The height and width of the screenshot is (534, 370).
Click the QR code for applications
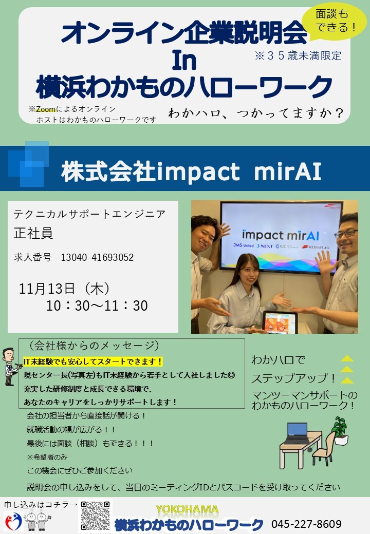pyautogui.click(x=96, y=516)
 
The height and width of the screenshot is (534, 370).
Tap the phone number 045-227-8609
pyautogui.click(x=306, y=524)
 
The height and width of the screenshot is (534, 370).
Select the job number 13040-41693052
pyautogui.click(x=97, y=257)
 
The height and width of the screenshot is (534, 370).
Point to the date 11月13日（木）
pyautogui.click(x=64, y=289)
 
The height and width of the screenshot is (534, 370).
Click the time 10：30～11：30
pyautogui.click(x=97, y=306)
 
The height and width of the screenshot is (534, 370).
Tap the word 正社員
pyautogui.click(x=33, y=233)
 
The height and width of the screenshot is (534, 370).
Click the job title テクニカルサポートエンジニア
pyautogui.click(x=89, y=214)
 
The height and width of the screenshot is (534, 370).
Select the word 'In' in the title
pyautogui.click(x=184, y=60)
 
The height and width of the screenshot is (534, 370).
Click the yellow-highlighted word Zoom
pyautogui.click(x=46, y=109)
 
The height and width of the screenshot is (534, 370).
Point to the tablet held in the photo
pyautogui.click(x=281, y=321)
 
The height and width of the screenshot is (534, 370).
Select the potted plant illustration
pyautogui.click(x=340, y=431)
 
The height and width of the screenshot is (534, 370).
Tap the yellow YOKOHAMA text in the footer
pyautogui.click(x=187, y=509)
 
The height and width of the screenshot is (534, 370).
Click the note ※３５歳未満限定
pyautogui.click(x=298, y=55)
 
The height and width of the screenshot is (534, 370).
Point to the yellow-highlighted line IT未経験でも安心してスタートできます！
pyautogui.click(x=93, y=361)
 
